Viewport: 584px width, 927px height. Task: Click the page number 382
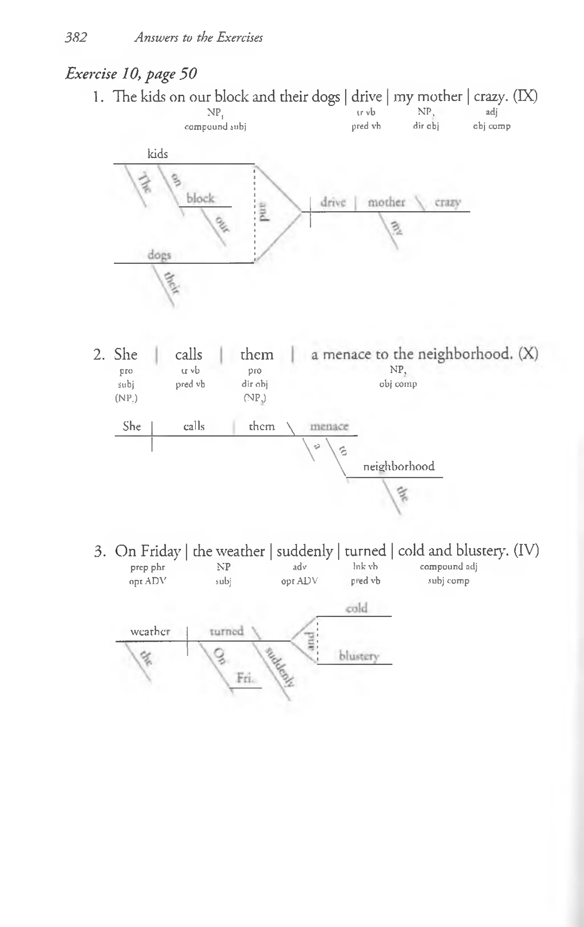click(x=76, y=37)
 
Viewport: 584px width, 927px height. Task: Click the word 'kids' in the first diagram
click(x=157, y=154)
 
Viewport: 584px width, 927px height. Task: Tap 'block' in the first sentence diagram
click(x=200, y=199)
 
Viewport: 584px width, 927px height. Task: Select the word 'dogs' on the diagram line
click(x=159, y=255)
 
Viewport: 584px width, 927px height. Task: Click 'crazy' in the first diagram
click(x=448, y=203)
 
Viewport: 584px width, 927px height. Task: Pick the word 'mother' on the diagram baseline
click(x=386, y=203)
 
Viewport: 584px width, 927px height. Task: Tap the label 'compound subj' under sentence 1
click(x=215, y=127)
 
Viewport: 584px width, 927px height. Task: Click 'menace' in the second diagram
click(x=329, y=426)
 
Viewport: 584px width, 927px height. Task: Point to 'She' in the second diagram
click(x=132, y=426)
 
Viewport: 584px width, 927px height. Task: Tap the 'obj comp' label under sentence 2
click(x=398, y=384)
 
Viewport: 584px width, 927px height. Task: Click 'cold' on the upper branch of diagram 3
click(x=356, y=608)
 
